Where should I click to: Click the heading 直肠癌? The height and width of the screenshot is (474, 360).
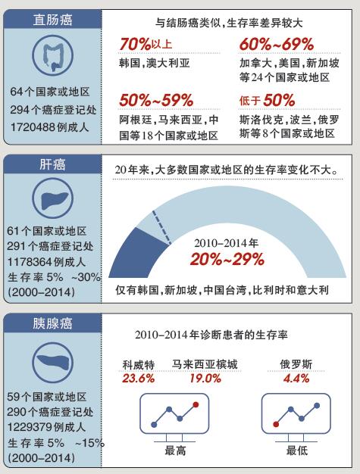coord(52,20)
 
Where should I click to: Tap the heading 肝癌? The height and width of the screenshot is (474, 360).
coord(52,164)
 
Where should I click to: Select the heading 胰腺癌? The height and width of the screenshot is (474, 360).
coord(52,323)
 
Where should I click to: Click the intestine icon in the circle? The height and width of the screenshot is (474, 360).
coord(52,56)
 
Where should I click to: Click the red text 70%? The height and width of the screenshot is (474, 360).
coord(135,44)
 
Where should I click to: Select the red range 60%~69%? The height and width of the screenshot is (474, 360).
coord(277,44)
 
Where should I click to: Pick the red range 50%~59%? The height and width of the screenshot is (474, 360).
coord(156,100)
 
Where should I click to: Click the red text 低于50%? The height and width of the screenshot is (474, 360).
coord(267,100)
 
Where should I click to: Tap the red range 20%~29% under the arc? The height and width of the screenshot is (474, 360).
coord(227,260)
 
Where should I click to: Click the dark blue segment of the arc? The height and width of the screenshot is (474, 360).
coord(136,254)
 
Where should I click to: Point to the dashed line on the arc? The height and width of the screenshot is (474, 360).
coord(162,227)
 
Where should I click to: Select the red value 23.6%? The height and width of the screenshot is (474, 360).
coord(138,379)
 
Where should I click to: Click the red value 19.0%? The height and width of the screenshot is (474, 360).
coord(205,379)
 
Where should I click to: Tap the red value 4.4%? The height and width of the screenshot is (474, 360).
coord(296,379)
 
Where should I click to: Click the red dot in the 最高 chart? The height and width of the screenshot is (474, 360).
coord(196,404)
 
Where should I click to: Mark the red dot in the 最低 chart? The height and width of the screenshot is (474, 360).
coord(276,424)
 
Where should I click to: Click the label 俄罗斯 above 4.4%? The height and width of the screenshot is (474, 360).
coord(296,364)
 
